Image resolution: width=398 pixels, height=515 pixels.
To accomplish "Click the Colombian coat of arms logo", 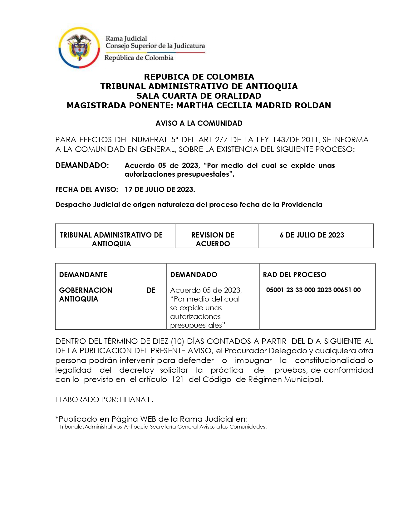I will [79, 47].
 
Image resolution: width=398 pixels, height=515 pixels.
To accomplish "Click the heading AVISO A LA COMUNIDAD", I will [199, 123].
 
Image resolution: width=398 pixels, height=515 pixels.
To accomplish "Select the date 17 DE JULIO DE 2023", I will [160, 189].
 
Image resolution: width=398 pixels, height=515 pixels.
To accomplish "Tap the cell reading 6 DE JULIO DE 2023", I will [312, 235].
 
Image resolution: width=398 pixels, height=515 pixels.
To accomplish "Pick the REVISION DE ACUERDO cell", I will [213, 239].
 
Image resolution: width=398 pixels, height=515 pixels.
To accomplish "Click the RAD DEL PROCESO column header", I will [294, 275].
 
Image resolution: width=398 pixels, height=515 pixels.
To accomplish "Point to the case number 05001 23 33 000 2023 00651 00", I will [313, 290].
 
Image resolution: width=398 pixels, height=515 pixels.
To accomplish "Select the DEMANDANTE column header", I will [83, 275].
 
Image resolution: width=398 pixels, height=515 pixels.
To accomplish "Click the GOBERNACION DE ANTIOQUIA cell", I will [107, 295].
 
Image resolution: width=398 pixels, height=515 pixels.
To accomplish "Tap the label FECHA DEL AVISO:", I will [86, 189].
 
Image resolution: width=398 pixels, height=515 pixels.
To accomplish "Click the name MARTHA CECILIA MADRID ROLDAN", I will [253, 105].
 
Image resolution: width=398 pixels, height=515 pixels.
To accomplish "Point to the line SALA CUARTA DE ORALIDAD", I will [199, 96].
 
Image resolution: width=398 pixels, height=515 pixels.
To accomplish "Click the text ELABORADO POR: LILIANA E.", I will [104, 400].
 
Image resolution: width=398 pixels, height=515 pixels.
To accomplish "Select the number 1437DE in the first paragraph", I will [286, 140].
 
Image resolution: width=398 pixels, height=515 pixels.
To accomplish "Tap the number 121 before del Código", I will [177, 380].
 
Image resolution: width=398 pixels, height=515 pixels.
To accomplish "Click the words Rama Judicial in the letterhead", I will [126, 38].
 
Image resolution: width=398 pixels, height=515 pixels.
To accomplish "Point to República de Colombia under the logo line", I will [139, 58].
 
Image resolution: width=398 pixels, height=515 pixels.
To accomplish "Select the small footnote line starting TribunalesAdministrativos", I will [163, 427].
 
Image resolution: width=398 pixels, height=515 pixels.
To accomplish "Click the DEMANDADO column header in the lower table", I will [194, 275].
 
